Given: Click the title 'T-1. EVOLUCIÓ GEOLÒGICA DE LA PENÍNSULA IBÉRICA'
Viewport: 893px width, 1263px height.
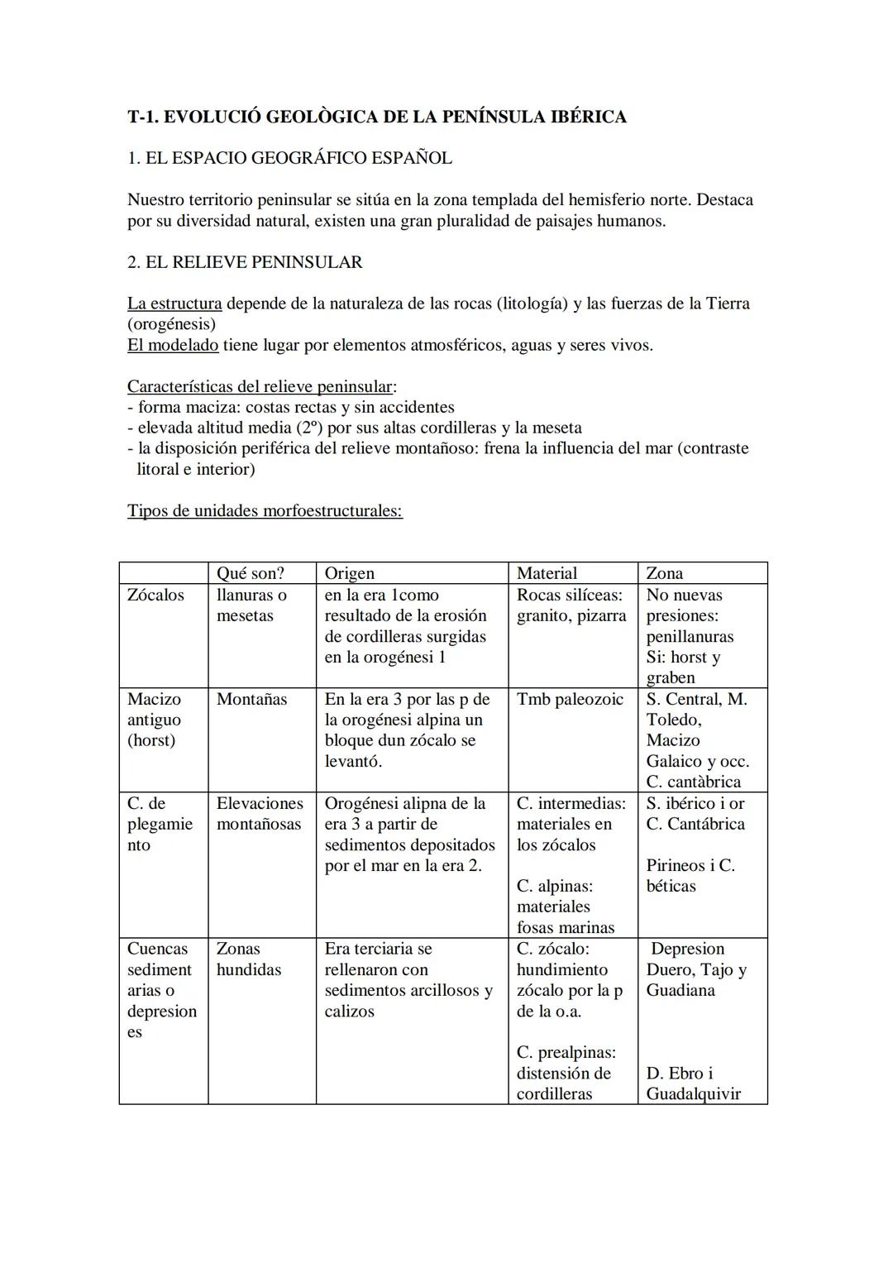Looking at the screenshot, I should coord(376,117).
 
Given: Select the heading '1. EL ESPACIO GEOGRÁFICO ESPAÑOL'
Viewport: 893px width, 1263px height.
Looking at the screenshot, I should coord(289,158).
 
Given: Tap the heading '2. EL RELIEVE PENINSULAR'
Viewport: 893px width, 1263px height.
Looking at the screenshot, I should coord(245,262).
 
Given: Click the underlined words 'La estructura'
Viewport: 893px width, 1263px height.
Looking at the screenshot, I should coord(174,304).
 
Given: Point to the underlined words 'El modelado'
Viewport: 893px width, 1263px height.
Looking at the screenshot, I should coord(173,345).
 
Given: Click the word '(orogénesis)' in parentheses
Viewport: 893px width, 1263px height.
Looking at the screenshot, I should coord(171,324).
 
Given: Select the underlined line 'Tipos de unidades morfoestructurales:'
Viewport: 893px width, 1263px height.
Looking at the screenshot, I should coord(265,510).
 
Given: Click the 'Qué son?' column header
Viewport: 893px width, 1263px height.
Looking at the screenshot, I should coord(250,573).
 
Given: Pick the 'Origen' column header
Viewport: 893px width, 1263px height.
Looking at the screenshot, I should coord(349,573).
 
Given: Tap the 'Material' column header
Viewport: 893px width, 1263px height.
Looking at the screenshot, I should coord(547,573).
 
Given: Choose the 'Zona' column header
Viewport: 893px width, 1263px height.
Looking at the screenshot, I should coord(664,573).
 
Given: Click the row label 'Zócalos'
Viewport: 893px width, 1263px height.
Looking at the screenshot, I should coord(155,596).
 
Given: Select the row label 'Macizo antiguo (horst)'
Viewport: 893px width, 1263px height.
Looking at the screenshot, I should coord(155,720).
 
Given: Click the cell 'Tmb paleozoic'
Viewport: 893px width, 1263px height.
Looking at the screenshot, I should coord(570,700).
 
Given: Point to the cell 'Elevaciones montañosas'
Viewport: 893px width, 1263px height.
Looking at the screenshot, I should coord(260,814).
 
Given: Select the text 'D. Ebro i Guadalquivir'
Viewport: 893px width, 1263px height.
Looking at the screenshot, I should coord(693,1084).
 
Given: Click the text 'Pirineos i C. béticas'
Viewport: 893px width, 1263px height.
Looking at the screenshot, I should coord(690,876).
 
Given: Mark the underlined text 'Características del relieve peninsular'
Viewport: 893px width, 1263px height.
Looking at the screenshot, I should coord(260,386).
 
